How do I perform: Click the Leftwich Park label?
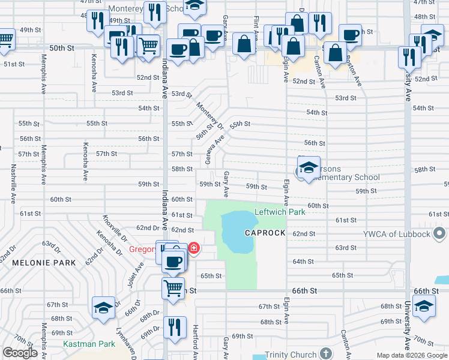280,212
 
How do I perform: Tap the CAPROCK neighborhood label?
265,232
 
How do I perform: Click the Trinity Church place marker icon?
326,353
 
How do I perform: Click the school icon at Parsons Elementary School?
309,168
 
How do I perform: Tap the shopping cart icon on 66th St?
173,287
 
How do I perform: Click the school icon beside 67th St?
103,307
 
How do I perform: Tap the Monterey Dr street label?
210,115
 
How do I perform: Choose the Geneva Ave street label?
214,149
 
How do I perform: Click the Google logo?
20,353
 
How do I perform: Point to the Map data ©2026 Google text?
411,355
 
